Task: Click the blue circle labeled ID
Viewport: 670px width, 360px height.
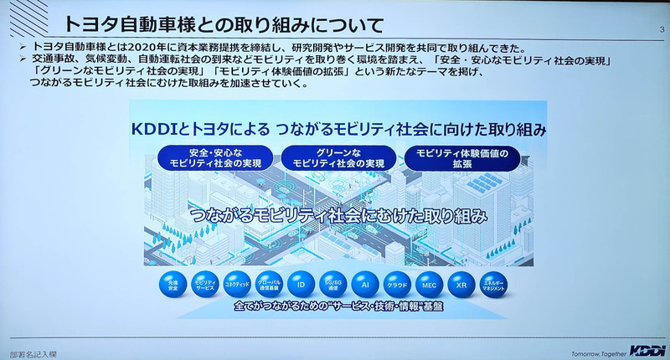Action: pyautogui.click(x=301, y=285)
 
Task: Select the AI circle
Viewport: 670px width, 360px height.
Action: pyautogui.click(x=365, y=285)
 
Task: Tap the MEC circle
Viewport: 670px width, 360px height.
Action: pyautogui.click(x=429, y=285)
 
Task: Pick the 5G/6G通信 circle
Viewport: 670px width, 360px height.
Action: pyautogui.click(x=333, y=285)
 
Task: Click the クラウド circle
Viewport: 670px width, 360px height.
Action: pyautogui.click(x=397, y=285)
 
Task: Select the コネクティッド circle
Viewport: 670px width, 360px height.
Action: pyautogui.click(x=237, y=285)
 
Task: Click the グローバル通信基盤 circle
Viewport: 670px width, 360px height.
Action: pyautogui.click(x=269, y=285)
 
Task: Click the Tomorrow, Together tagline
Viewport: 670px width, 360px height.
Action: pyautogui.click(x=594, y=350)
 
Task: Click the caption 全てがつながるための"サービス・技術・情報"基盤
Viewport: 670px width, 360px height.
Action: pyautogui.click(x=334, y=308)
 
